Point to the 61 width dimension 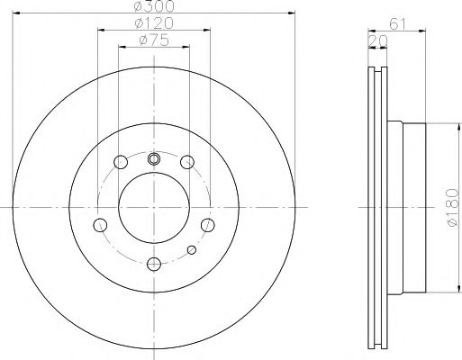coord(396,23)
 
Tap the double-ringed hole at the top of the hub coord(153,159)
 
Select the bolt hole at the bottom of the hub coord(153,263)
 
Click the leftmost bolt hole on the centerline coord(101,224)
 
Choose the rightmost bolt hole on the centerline coord(206,224)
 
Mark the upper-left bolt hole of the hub coord(121,163)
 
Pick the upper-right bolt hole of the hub coord(186,163)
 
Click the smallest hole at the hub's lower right coord(190,249)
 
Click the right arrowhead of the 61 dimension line coord(423,31)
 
